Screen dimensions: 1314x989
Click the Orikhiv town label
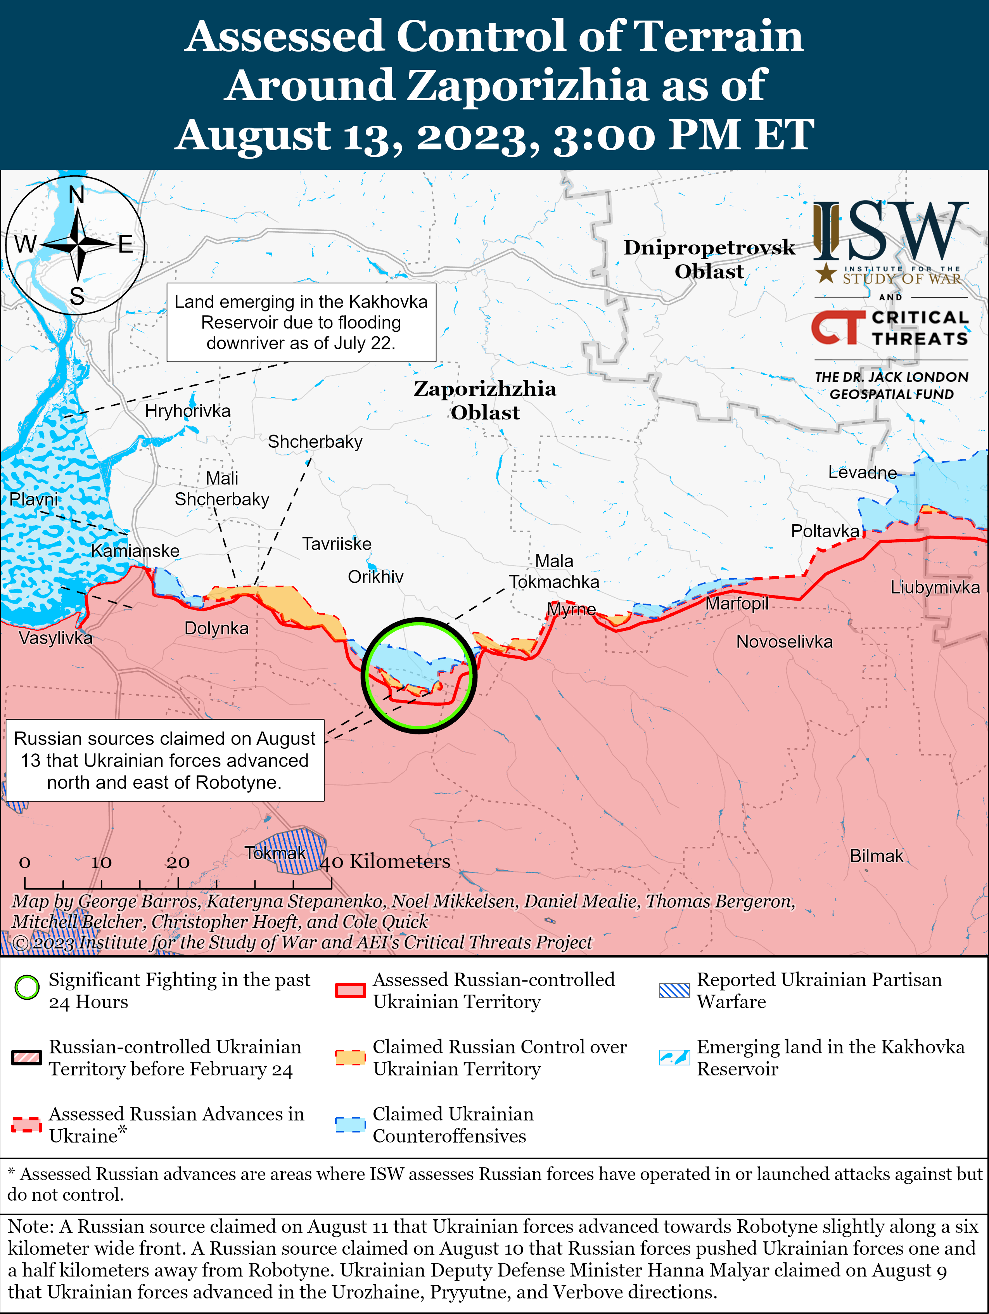tap(375, 577)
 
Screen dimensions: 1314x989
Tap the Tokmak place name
tap(275, 853)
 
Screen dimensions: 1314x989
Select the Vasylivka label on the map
tap(55, 638)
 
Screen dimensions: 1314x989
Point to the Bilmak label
tap(876, 856)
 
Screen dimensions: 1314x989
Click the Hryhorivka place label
tap(188, 411)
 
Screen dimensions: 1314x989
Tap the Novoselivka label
tap(784, 642)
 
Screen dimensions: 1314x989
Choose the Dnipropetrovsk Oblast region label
tap(709, 259)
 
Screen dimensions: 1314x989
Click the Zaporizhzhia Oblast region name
tap(485, 400)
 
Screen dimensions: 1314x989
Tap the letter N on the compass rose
tap(77, 195)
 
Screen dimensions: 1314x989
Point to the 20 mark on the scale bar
tap(178, 862)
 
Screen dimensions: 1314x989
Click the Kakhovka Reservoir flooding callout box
tap(301, 322)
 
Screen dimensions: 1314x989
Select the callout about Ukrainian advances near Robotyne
tap(164, 760)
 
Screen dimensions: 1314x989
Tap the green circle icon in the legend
tap(27, 988)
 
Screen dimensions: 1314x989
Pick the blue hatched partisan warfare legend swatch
tap(674, 990)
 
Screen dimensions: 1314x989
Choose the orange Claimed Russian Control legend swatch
tap(350, 1058)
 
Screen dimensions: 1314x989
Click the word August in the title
tap(252, 135)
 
